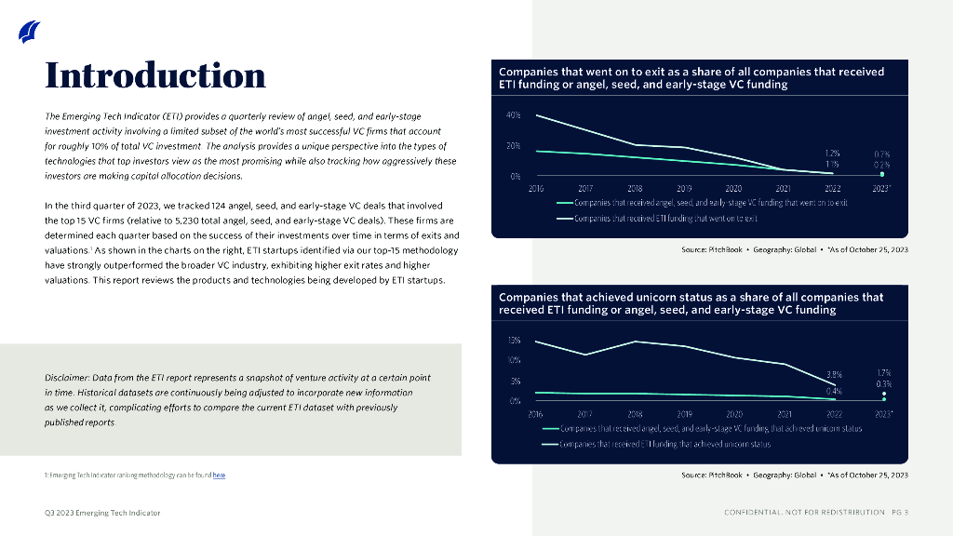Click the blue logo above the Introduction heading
(30, 32)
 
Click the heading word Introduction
(155, 74)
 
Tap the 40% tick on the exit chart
(513, 115)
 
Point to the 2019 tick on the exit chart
(684, 187)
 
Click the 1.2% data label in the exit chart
(833, 153)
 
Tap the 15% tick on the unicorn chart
(514, 341)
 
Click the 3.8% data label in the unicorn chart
(834, 374)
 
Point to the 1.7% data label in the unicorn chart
(883, 372)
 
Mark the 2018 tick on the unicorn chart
(636, 414)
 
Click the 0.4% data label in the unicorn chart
(834, 391)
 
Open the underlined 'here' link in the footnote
(219, 476)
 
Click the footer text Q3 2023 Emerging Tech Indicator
(102, 513)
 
